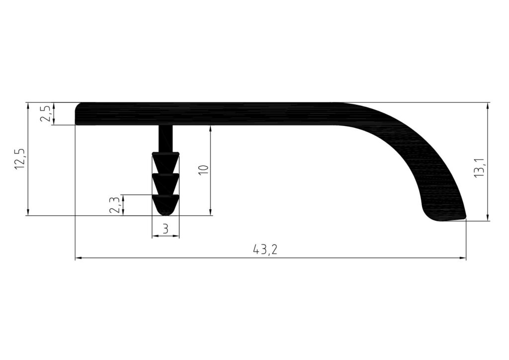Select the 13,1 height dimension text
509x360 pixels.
click(479, 168)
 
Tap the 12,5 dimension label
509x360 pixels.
click(19, 159)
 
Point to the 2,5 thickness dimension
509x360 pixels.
click(45, 113)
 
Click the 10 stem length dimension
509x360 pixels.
click(203, 170)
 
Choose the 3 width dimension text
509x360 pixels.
click(166, 229)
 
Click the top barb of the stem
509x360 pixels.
click(166, 162)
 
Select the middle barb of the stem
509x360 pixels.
click(166, 183)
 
